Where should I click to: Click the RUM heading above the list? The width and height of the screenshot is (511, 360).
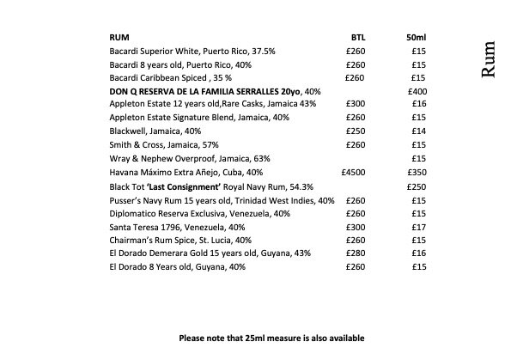tap(119, 38)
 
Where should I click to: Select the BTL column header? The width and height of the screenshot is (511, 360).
tap(359, 38)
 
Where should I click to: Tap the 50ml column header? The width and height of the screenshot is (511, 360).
tap(416, 38)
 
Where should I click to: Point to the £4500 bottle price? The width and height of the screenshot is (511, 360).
tap(353, 172)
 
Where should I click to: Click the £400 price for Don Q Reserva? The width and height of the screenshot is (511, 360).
tap(417, 91)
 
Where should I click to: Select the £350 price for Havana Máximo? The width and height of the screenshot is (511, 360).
tap(417, 172)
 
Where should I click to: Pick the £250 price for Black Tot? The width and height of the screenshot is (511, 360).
tap(417, 186)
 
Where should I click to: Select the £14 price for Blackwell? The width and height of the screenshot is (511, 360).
tap(420, 131)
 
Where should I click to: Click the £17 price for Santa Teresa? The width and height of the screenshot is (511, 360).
tap(420, 226)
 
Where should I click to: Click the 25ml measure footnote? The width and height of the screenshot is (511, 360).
tap(271, 338)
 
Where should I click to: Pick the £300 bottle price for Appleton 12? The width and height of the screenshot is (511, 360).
tap(355, 105)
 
